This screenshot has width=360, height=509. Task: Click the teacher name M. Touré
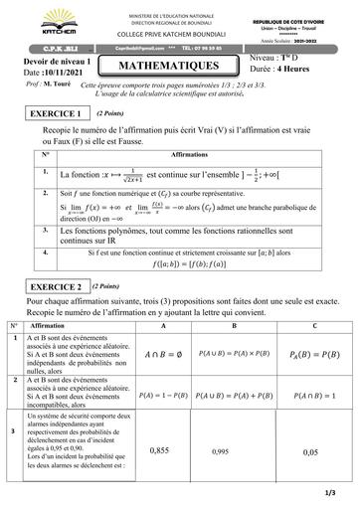pos(70,85)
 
